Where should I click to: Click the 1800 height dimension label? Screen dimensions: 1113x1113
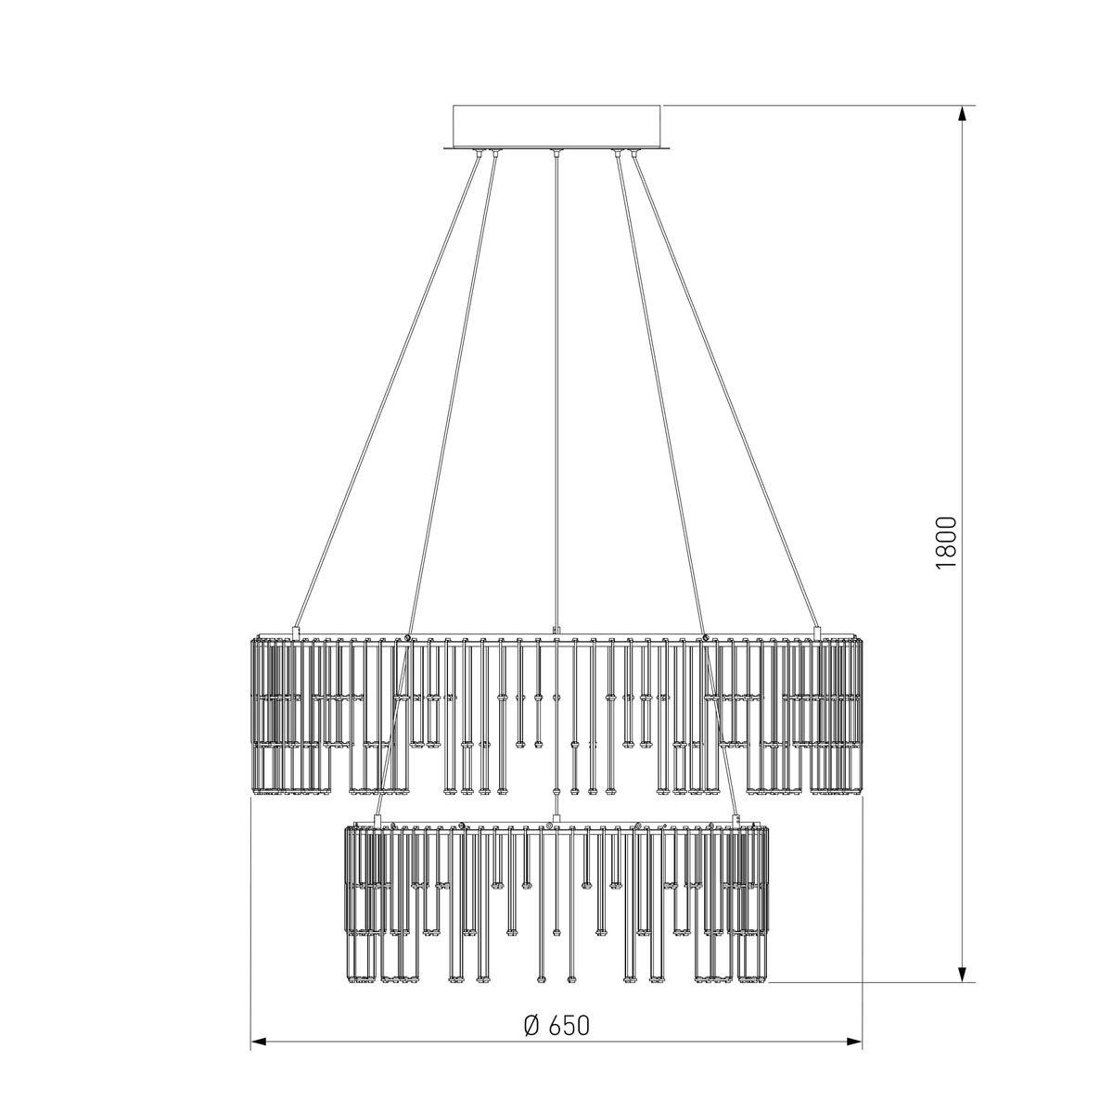[x=945, y=543]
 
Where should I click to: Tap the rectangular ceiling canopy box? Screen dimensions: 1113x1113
[x=556, y=126]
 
